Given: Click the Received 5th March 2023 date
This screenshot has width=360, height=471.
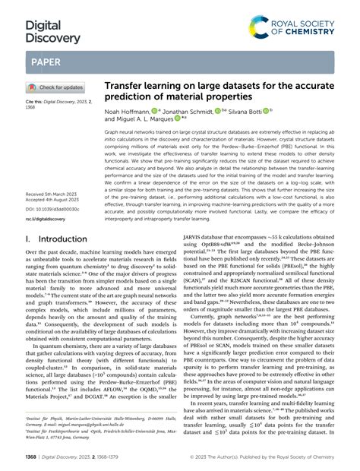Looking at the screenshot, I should click(52, 194).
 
